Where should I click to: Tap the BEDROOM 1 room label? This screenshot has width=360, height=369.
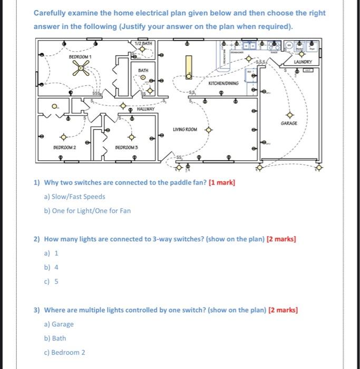click(81, 56)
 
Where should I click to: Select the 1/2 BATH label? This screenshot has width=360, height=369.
click(143, 43)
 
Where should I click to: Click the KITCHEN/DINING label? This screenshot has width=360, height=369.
click(223, 83)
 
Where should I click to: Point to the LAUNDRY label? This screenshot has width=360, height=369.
click(303, 62)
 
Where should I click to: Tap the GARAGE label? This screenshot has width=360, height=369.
click(289, 123)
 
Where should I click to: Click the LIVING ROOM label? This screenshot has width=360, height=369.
click(184, 129)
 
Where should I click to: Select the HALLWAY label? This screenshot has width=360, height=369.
click(145, 109)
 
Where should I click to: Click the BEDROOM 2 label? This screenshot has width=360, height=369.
click(65, 148)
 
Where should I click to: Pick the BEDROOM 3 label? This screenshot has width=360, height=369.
click(127, 148)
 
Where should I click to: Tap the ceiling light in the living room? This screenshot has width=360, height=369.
click(209, 129)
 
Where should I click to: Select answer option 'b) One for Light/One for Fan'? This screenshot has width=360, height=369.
click(87, 211)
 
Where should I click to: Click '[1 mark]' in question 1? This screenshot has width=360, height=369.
click(222, 183)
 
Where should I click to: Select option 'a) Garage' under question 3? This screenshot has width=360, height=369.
click(59, 324)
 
